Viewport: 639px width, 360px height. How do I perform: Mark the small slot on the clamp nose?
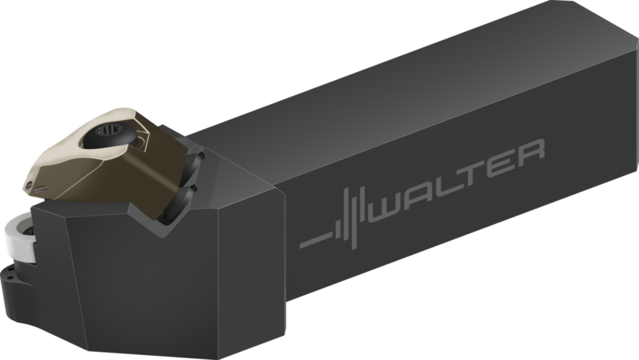click(x=40, y=188)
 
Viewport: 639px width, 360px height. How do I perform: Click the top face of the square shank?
click(x=406, y=87)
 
